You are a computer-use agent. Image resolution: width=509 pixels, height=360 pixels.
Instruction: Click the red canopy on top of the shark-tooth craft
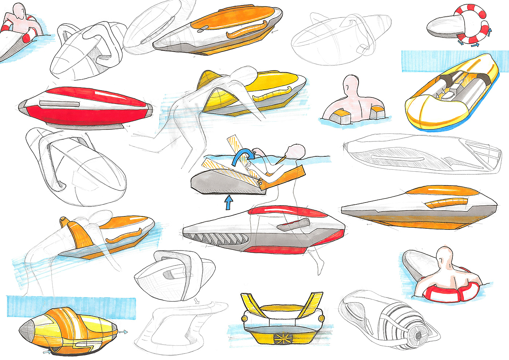pos(280,211)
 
